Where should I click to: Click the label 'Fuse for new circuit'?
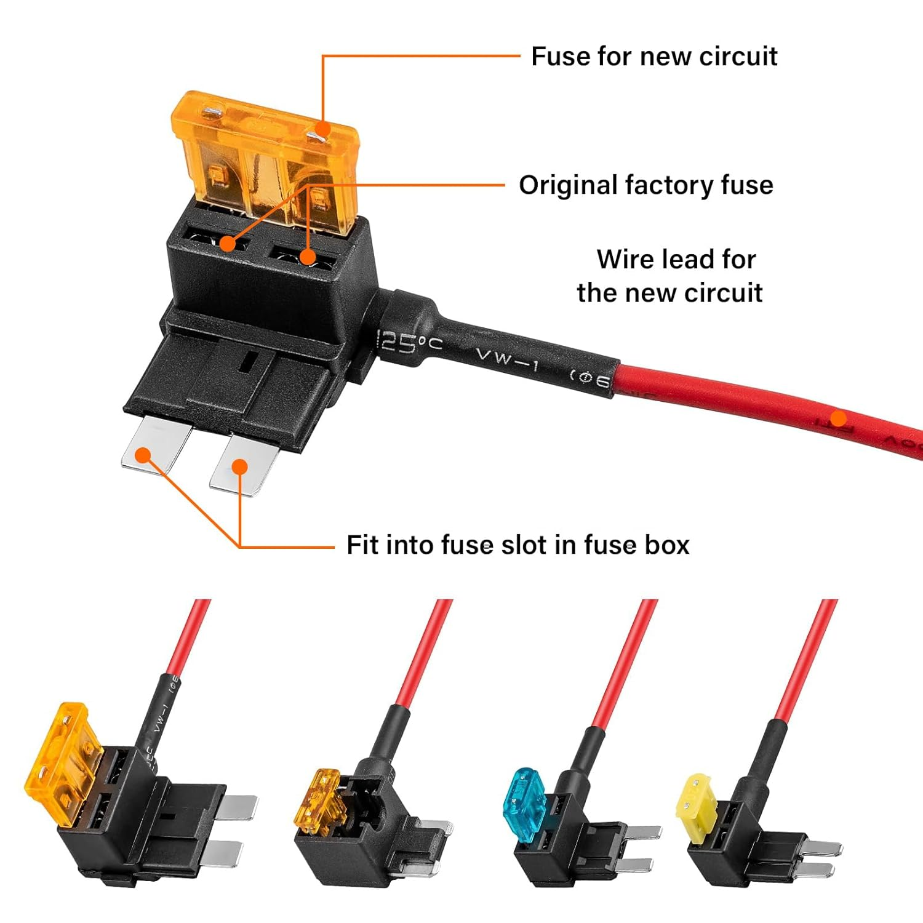[x=653, y=57]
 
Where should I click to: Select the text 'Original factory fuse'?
[x=645, y=185]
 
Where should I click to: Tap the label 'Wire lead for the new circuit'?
[x=671, y=276]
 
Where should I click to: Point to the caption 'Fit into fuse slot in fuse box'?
[x=517, y=545]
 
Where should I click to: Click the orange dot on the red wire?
[x=837, y=420]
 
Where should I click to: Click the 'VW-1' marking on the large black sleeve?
[x=506, y=358]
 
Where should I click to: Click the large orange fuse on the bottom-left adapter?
[x=62, y=763]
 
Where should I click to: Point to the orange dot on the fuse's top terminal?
[x=322, y=129]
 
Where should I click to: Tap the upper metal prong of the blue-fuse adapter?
[x=643, y=833]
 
